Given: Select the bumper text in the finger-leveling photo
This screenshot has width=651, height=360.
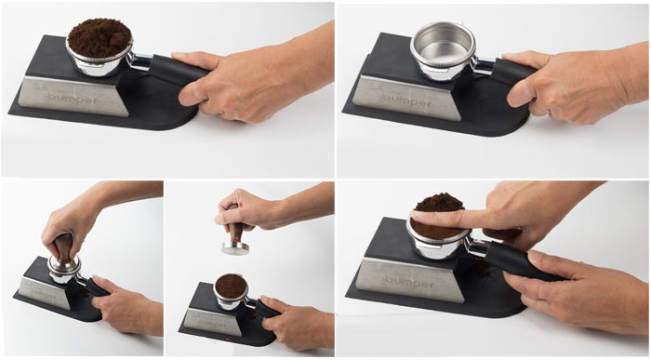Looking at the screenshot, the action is (x=409, y=283).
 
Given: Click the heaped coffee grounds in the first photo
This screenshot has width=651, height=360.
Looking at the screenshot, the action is (x=100, y=37).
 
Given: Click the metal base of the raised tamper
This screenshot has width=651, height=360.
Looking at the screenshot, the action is (x=235, y=247).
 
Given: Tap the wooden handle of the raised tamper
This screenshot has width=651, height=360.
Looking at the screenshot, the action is (x=235, y=232).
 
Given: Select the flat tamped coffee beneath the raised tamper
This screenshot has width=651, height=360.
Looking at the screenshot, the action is (x=232, y=286).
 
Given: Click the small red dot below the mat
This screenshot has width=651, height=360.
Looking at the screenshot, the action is (x=228, y=340).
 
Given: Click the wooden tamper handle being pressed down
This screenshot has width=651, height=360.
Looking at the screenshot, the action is (x=62, y=247).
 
